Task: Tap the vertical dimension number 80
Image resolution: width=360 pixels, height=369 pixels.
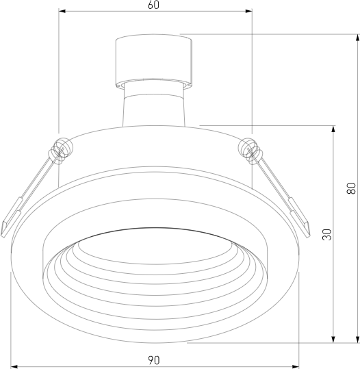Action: pyautogui.click(x=351, y=188)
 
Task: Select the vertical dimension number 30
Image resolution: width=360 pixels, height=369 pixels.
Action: pyautogui.click(x=327, y=234)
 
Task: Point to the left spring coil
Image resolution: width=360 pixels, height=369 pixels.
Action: pyautogui.click(x=62, y=150)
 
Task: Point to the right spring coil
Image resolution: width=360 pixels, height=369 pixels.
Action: pyautogui.click(x=248, y=151)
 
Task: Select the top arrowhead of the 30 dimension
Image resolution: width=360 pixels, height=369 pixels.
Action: pyautogui.click(x=333, y=128)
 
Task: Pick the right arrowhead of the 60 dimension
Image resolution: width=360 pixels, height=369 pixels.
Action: pyautogui.click(x=249, y=11)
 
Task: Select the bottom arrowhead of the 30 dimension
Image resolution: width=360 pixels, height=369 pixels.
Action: pyautogui.click(x=333, y=339)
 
